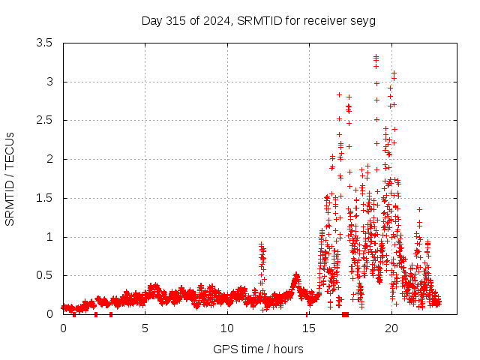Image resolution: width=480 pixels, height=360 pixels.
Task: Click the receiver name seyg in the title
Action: click(x=362, y=20)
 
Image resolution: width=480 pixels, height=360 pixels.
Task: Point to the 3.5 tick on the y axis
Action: click(x=44, y=43)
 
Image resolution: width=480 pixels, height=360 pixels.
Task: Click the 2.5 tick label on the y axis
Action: click(x=44, y=120)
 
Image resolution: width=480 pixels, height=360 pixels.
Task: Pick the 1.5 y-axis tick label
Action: click(x=44, y=198)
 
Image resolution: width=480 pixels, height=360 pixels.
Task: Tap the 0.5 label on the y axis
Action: click(x=44, y=275)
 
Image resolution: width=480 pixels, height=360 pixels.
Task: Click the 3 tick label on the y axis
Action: click(x=49, y=82)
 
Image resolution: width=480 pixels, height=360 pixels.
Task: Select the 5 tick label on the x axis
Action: click(x=145, y=328)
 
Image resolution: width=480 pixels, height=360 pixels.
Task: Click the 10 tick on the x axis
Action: click(x=227, y=328)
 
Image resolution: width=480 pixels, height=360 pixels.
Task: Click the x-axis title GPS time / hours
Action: click(x=258, y=349)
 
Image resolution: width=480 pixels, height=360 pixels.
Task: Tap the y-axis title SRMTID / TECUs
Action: click(x=10, y=179)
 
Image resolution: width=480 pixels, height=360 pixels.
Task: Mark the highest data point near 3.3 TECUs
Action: click(x=376, y=57)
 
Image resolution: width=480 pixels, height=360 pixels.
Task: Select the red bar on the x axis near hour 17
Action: click(x=345, y=314)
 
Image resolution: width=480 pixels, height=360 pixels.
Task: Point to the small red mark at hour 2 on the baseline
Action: click(x=96, y=314)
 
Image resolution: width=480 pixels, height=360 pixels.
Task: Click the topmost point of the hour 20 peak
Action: click(x=394, y=73)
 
